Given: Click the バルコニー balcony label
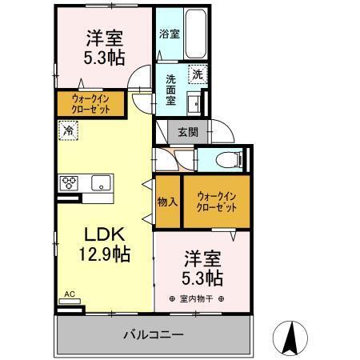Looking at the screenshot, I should (x=154, y=334).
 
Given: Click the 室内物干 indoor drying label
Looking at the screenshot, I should (x=196, y=298).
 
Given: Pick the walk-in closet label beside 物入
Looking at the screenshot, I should (x=217, y=201).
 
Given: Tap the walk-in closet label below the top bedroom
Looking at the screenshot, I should (x=89, y=103).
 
